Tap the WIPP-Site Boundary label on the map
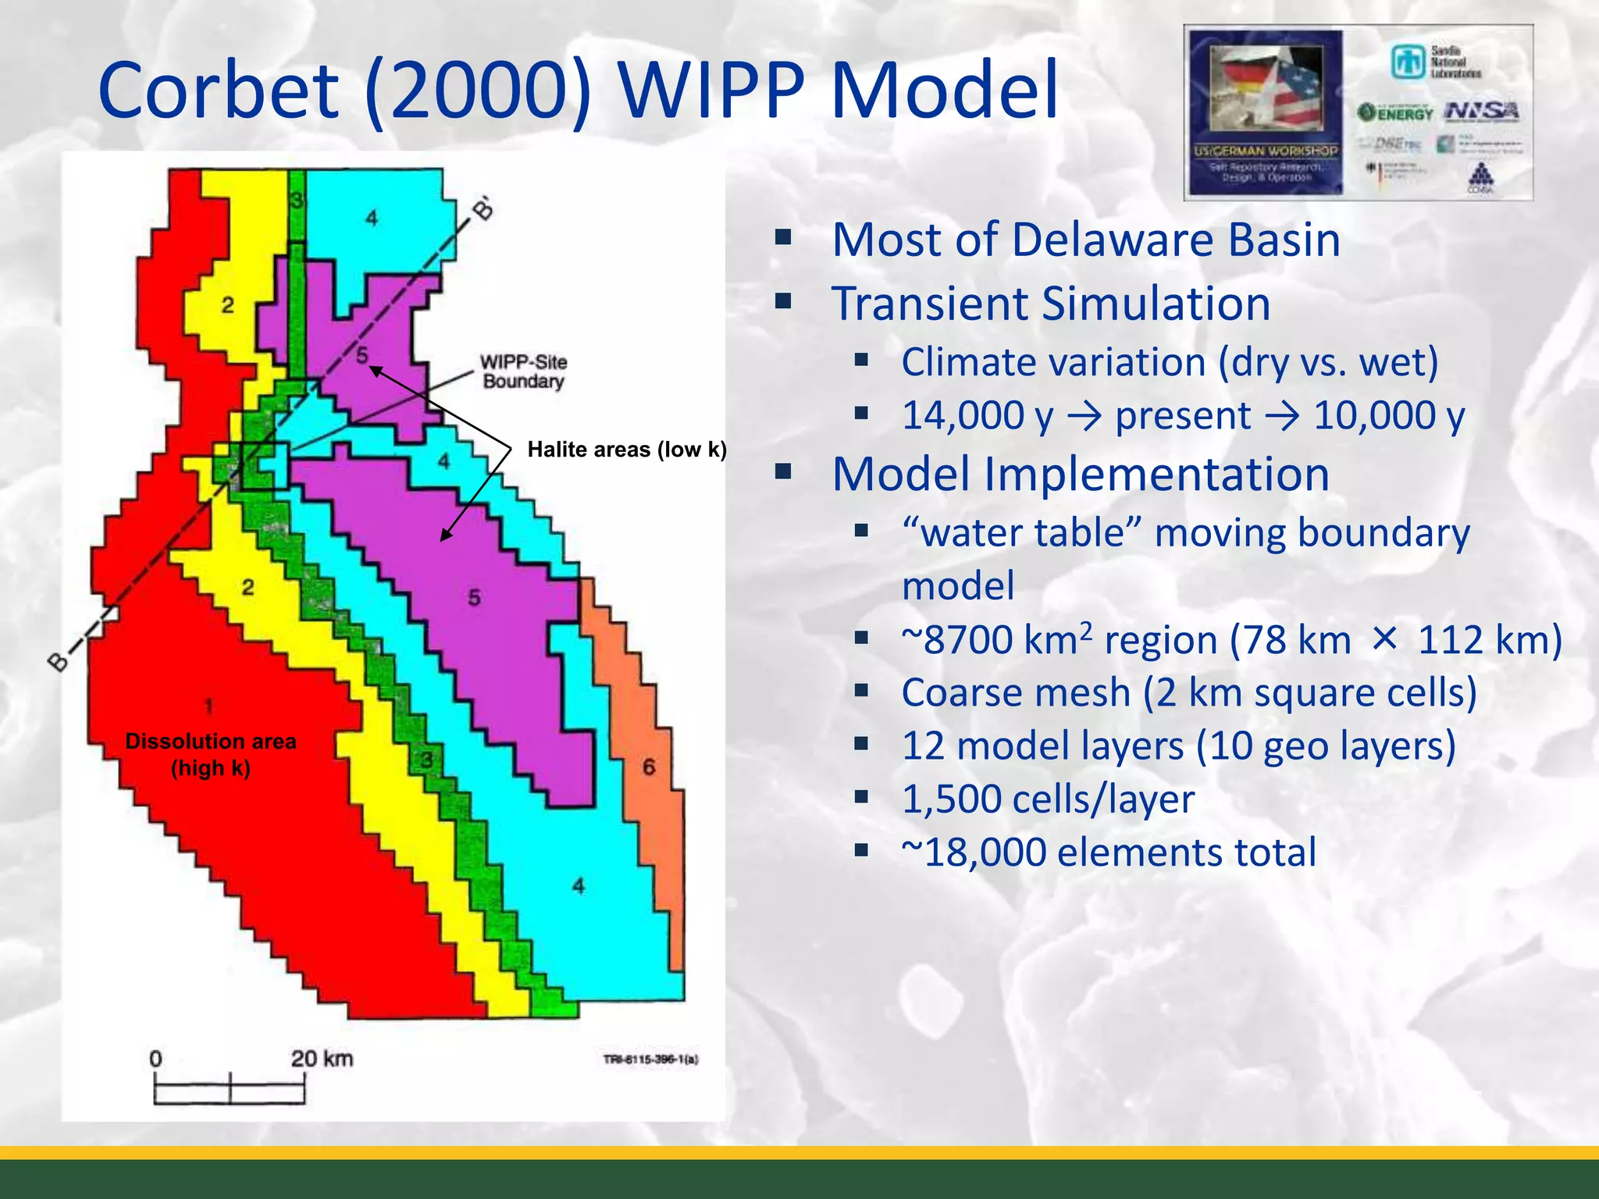523,372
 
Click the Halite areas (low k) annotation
627,450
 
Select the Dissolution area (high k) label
211,754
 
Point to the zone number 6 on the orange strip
649,767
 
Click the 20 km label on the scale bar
322,1058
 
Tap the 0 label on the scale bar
155,1059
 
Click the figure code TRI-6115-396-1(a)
650,1059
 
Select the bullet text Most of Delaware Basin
1085,240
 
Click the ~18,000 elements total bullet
1109,852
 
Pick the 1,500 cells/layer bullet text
1048,799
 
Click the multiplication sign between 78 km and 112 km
1384,639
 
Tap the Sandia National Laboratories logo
1435,62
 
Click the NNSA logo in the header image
1481,111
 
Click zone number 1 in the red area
208,706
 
